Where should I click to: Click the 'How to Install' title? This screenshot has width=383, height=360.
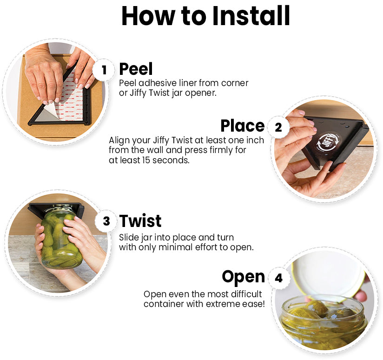click(x=205, y=16)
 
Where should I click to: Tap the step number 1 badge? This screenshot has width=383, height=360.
click(x=104, y=70)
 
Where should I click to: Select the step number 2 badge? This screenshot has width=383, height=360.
click(x=278, y=127)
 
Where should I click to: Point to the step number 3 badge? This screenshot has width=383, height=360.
click(x=106, y=221)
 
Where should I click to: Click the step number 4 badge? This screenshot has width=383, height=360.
click(x=278, y=278)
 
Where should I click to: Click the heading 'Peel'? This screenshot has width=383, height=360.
click(x=136, y=69)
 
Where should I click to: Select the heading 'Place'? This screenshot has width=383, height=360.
click(x=242, y=126)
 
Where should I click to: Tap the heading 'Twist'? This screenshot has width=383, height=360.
click(x=140, y=221)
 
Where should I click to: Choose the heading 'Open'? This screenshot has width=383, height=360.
click(x=243, y=277)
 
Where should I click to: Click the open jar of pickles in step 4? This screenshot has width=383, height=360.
click(x=321, y=321)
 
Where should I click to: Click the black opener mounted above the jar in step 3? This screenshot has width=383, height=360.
click(x=56, y=209)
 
